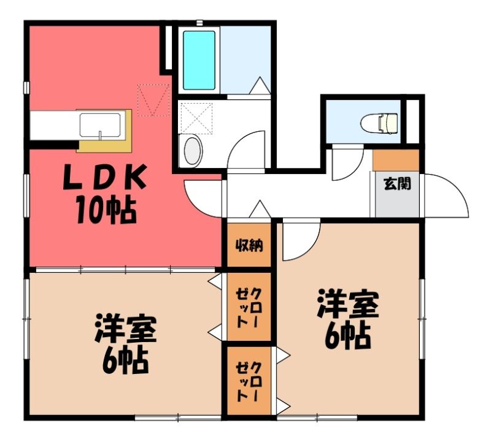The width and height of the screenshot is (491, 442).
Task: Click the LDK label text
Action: [x=105, y=177]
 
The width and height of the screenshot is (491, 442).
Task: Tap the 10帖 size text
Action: [x=106, y=210]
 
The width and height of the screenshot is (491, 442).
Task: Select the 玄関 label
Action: [x=397, y=184]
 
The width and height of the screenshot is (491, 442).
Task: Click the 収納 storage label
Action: [x=249, y=246]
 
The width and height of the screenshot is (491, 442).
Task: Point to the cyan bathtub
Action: [x=199, y=60]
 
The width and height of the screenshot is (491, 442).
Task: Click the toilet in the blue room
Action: [x=379, y=123]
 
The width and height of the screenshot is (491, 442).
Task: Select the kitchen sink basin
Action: [x=100, y=125]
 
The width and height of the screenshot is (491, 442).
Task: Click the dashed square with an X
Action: [x=196, y=118]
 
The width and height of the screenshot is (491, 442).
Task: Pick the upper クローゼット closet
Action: [x=249, y=307]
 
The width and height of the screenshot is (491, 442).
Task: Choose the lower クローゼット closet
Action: [x=249, y=381]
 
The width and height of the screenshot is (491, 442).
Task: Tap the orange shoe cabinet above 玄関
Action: [x=396, y=161]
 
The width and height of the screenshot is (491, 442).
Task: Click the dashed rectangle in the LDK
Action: [x=153, y=100]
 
